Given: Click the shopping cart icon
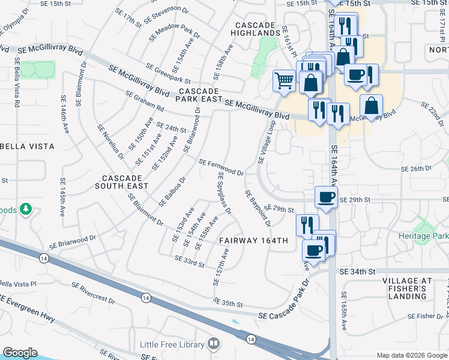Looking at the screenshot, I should (283, 80).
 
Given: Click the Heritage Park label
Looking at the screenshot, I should (423, 236).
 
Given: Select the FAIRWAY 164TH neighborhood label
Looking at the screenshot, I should (254, 241).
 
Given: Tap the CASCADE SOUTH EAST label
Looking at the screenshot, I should (122, 182).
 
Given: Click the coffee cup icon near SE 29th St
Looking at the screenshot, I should (326, 197).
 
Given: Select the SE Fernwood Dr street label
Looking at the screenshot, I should (221, 167).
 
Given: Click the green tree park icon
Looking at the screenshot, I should (25, 209).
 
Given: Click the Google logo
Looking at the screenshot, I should (20, 353).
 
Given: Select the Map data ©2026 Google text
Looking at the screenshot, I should (412, 355).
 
